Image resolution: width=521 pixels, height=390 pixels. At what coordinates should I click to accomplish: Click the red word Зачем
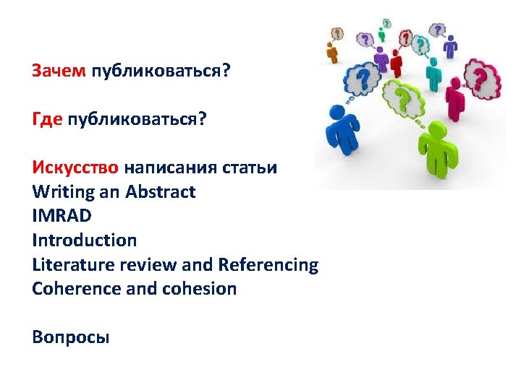[x=59, y=71]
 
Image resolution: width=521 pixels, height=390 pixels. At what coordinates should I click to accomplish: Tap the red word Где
[x=47, y=119]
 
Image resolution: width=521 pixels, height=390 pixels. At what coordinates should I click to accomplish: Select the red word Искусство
[x=75, y=168]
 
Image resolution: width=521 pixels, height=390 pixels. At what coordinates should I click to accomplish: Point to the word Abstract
[x=160, y=192]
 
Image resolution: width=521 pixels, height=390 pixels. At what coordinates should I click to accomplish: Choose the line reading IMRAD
[x=62, y=216]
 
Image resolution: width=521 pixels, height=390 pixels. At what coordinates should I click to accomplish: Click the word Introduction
[x=84, y=240]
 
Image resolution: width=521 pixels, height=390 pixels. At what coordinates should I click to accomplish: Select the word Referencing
[x=268, y=264]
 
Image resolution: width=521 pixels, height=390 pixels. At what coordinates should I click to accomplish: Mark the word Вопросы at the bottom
[x=71, y=337]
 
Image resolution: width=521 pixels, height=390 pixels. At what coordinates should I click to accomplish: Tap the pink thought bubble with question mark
[x=481, y=76]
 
